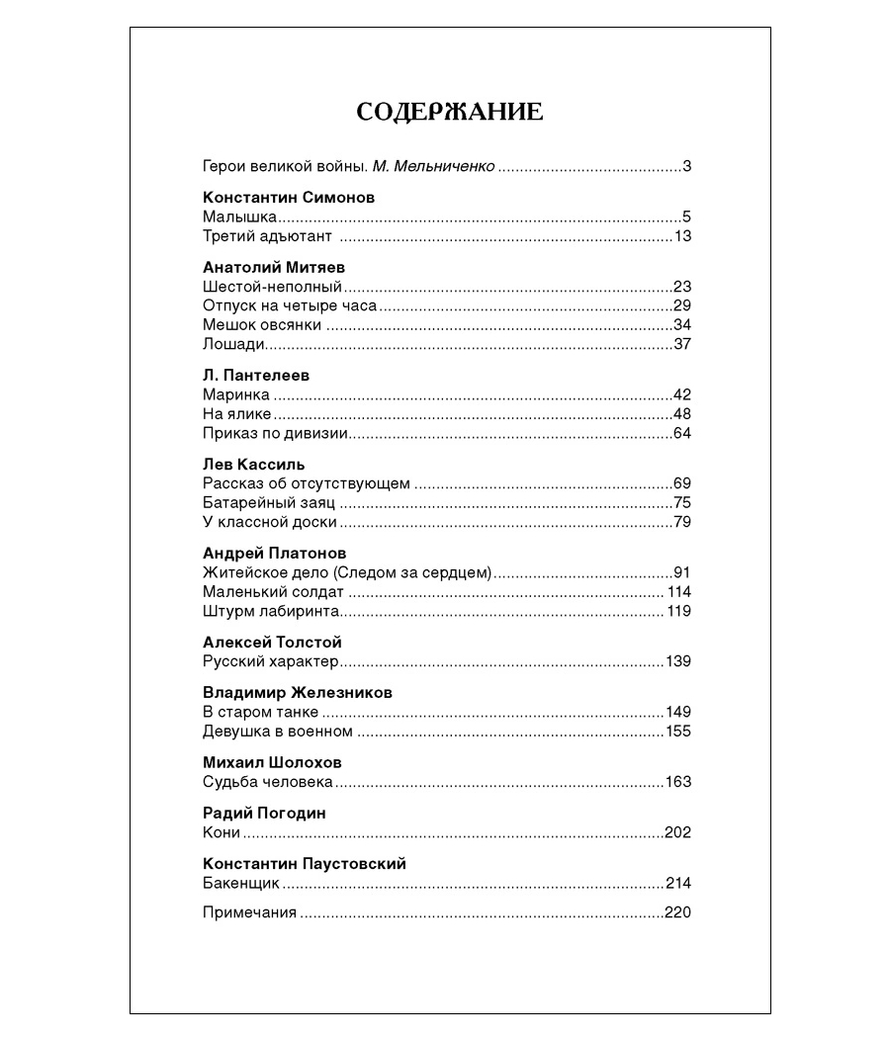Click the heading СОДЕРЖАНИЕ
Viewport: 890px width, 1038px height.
(449, 112)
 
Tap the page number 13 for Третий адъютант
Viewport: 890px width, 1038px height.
(682, 236)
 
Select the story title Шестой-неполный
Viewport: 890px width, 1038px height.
(272, 287)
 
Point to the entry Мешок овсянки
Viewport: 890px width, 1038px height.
(262, 325)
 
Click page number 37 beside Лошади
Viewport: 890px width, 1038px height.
(682, 344)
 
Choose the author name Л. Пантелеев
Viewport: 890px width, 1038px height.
(256, 376)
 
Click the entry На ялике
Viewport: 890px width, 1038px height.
(236, 414)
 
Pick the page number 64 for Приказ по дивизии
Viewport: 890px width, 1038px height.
(682, 433)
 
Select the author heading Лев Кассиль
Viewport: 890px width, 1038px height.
(253, 464)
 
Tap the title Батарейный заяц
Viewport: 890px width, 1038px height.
(268, 503)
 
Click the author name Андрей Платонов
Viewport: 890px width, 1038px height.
(274, 553)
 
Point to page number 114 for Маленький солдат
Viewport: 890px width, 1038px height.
(678, 592)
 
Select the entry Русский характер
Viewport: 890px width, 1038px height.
(270, 661)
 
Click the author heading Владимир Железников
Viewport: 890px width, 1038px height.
(298, 692)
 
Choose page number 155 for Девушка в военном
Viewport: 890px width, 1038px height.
(678, 732)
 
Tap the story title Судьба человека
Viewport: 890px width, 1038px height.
(267, 782)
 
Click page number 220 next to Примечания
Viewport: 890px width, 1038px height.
(678, 912)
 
